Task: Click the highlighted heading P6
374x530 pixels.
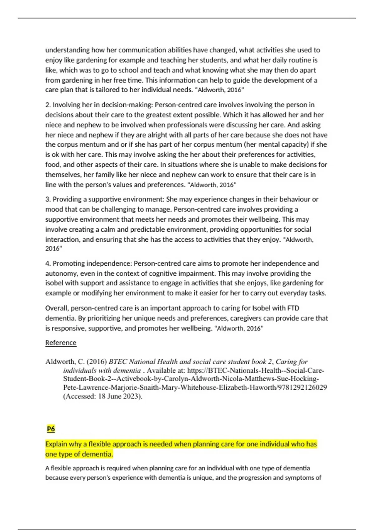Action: pos(51,429)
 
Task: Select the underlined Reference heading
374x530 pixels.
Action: pos(61,343)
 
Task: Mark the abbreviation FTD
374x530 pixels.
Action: pos(293,308)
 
